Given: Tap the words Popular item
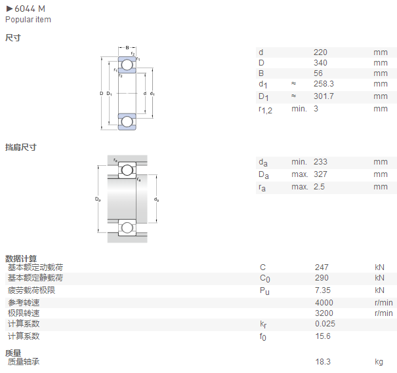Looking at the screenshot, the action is [x=28, y=20].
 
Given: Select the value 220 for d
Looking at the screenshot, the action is [x=320, y=52].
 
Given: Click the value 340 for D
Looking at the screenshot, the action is [x=320, y=63].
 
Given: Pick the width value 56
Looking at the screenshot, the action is [x=318, y=73].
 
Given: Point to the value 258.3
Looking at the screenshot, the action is [x=324, y=84].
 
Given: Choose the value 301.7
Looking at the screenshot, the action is [x=324, y=96].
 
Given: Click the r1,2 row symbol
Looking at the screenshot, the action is [x=265, y=110].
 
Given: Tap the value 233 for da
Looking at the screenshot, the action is [x=320, y=162].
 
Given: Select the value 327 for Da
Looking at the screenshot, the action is [x=320, y=174].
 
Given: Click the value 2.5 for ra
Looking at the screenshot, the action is [x=319, y=187].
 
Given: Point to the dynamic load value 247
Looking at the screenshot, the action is [x=322, y=267].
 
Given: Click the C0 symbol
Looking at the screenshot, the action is [x=265, y=279].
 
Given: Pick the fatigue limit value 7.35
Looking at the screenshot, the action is [x=323, y=290].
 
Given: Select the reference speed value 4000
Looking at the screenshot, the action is [x=324, y=303].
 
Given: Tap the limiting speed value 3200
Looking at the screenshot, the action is [x=324, y=313].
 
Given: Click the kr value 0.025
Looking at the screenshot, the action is [x=325, y=324].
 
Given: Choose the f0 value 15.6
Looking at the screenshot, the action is [x=323, y=336].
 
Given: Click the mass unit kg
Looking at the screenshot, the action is [x=379, y=362].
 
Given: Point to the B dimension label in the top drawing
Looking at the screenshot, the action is [x=127, y=47].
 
